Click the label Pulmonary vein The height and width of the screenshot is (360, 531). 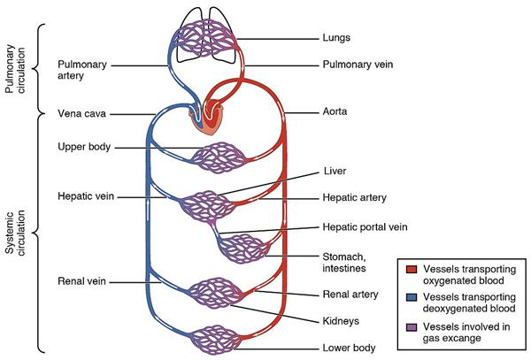[357, 65]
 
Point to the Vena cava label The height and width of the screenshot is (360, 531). [81, 114]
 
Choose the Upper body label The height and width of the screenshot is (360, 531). [84, 146]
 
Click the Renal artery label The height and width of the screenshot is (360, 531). [351, 294]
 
